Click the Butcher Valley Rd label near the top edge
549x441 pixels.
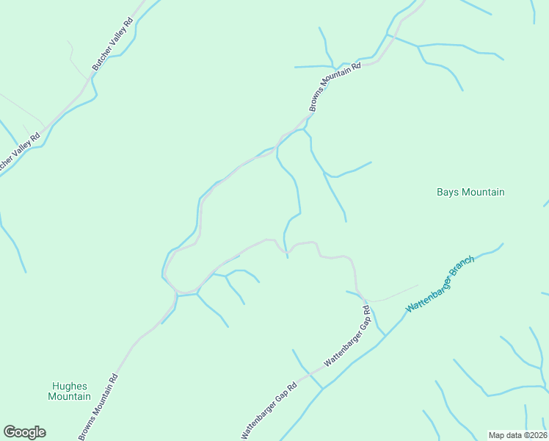pos(112,44)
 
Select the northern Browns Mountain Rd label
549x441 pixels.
pos(335,87)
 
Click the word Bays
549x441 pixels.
pos(448,192)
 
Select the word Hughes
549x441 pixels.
pos(70,386)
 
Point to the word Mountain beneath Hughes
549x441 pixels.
pos(70,397)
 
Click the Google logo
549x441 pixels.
pos(24,432)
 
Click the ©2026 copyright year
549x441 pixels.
pos(537,434)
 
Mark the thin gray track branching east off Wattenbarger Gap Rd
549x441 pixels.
pos(393,293)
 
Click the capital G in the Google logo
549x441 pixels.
pos(10,432)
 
